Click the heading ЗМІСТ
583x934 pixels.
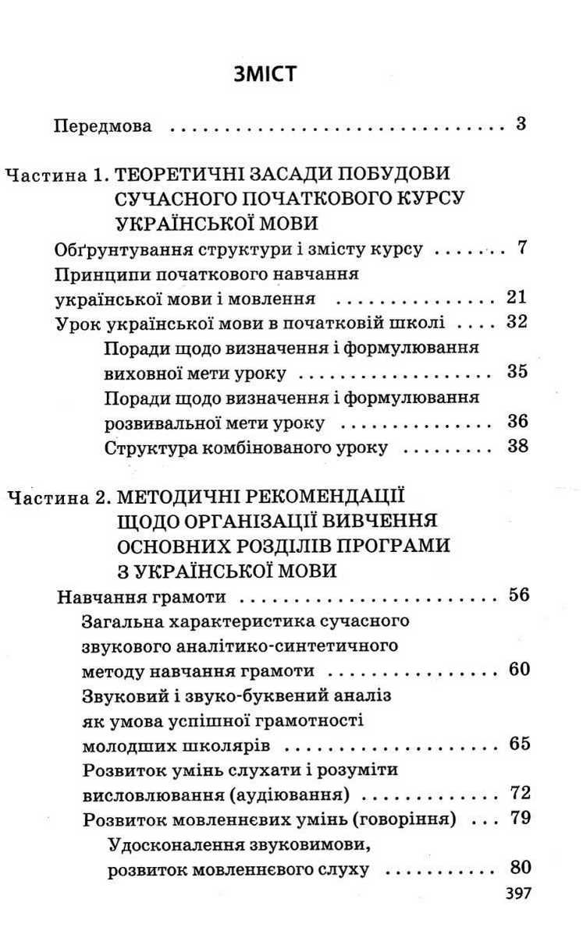pyautogui.click(x=266, y=75)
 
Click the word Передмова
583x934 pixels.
pyautogui.click(x=103, y=126)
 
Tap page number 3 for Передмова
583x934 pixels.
pyautogui.click(x=521, y=124)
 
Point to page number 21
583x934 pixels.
pyautogui.click(x=516, y=297)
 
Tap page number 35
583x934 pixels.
pyautogui.click(x=517, y=371)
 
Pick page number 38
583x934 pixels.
pyautogui.click(x=517, y=447)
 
